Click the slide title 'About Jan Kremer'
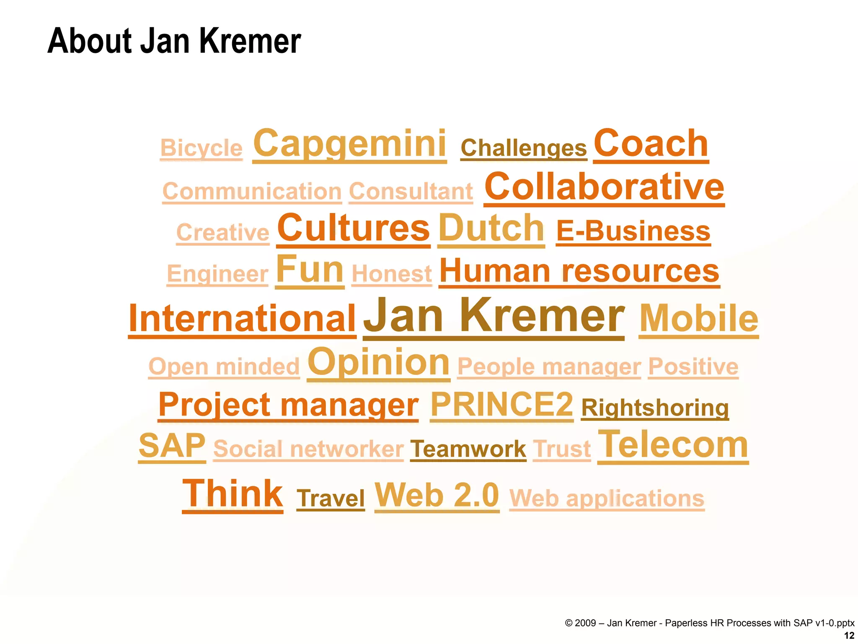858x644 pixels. click(174, 41)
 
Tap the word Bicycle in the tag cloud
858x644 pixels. click(201, 148)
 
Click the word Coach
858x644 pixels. click(651, 143)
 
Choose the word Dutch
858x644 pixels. click(491, 228)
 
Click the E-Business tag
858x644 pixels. click(633, 231)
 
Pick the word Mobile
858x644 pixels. click(699, 318)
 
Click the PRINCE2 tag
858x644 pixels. click(501, 404)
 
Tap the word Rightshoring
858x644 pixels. click(655, 408)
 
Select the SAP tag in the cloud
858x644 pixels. click(172, 446)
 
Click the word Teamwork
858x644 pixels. click(468, 449)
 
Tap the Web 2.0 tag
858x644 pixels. click(437, 495)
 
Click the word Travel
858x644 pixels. click(331, 498)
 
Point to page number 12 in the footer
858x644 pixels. click(849, 636)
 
